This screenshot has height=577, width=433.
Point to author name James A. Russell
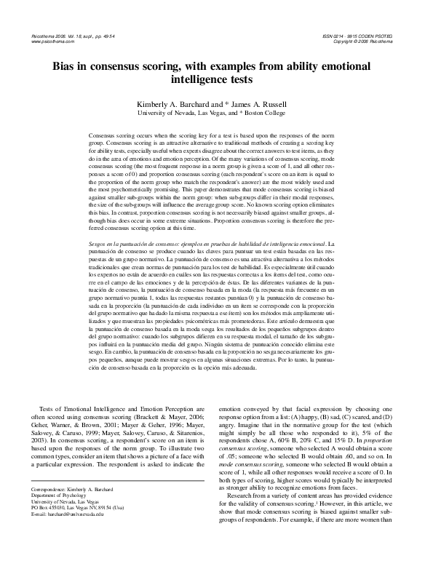[x=268, y=105]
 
